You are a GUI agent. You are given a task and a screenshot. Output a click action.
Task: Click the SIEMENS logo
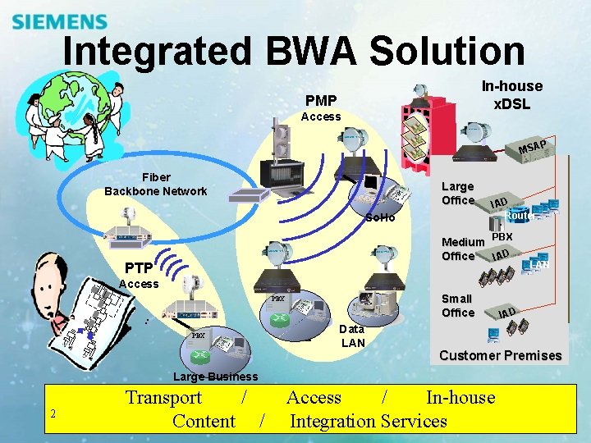click(60, 22)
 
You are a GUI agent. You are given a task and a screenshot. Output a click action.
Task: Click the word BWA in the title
click(307, 52)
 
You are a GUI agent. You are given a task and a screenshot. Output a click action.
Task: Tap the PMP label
click(321, 100)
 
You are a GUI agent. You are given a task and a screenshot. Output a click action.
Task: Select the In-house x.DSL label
click(511, 94)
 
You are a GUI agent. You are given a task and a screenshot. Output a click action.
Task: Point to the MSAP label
click(533, 148)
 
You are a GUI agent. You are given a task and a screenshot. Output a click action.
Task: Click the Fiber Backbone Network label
click(156, 185)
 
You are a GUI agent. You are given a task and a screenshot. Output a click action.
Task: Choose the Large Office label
click(458, 194)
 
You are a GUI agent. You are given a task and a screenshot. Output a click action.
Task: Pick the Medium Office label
click(462, 249)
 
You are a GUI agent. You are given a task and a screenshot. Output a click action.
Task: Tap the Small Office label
click(457, 305)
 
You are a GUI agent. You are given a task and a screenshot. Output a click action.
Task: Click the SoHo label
click(380, 217)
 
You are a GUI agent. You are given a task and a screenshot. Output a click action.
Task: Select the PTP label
click(138, 267)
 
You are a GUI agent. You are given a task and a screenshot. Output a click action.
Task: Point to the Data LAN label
click(352, 335)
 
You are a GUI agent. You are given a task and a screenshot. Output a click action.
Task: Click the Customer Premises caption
click(500, 355)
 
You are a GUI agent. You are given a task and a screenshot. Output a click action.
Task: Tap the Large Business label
click(215, 377)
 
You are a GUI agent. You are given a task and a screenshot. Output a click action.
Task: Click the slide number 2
click(53, 413)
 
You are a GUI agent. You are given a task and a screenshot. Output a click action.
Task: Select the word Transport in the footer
click(163, 398)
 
